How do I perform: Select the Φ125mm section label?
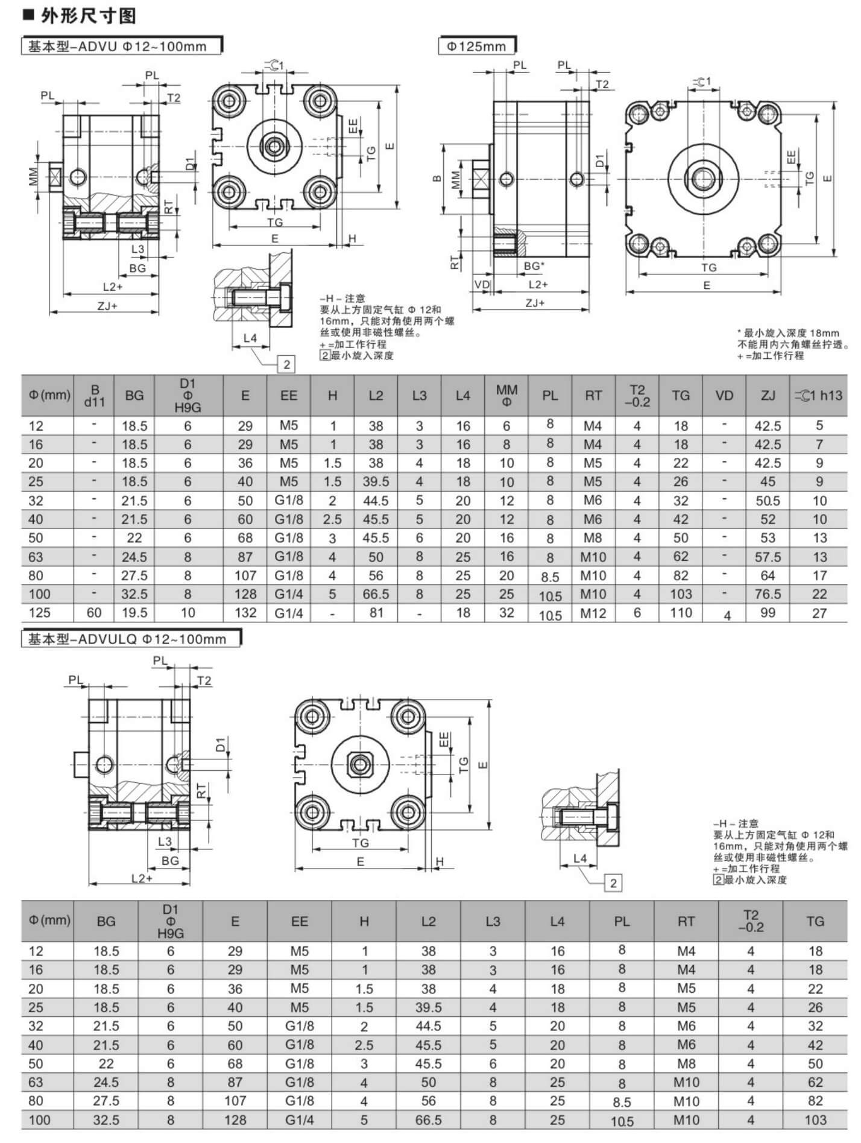tap(476, 46)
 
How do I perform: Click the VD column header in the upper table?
tap(724, 396)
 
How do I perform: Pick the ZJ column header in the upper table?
tap(768, 396)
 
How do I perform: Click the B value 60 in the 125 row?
tap(94, 613)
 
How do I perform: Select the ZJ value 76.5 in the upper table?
tap(768, 594)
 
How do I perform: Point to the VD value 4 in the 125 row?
tap(727, 615)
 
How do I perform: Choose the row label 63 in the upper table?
tap(36, 557)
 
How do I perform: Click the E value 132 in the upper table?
tap(245, 613)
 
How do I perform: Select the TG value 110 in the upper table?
tap(681, 613)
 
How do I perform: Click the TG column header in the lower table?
tap(815, 921)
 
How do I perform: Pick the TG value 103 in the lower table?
tap(815, 1120)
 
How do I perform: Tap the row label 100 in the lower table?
tap(40, 1120)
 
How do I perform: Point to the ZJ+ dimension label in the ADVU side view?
tap(107, 305)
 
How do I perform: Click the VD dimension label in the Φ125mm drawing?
tap(482, 285)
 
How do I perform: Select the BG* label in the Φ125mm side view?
tap(534, 265)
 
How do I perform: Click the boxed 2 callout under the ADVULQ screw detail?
tap(613, 884)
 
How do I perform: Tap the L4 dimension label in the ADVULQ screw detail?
tap(579, 858)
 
